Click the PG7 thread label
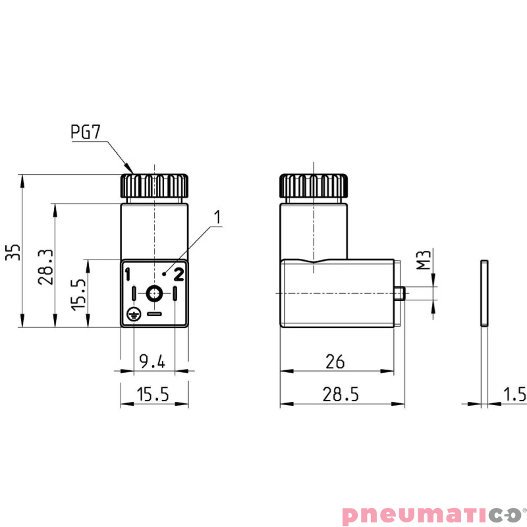coord(85,132)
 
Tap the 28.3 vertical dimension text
coord(45,267)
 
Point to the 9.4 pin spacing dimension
coord(153,360)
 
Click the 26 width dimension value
coord(335,360)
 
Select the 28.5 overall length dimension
coord(340,394)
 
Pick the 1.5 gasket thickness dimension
coord(514,394)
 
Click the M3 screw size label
coord(425,261)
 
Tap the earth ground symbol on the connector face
coord(132,314)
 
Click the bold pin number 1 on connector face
coord(128,274)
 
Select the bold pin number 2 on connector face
coord(179,274)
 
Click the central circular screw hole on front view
coord(154,293)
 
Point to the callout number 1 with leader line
coord(217,217)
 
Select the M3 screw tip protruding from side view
coord(399,293)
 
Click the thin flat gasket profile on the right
coord(484,294)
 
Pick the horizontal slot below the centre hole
coord(154,314)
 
